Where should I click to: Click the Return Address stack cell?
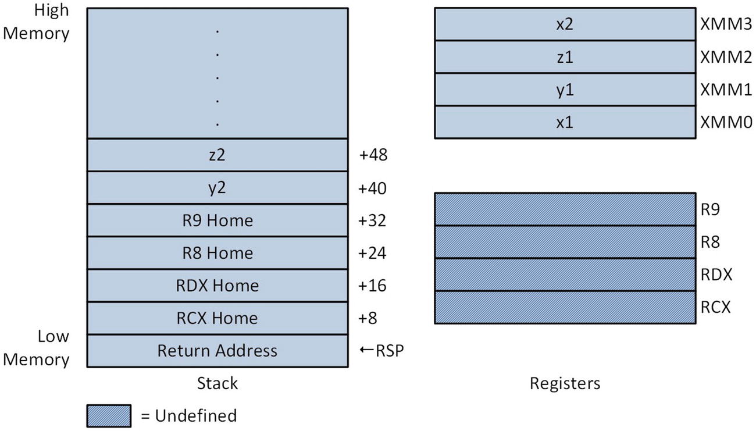click(x=217, y=351)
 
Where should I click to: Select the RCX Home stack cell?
click(x=217, y=318)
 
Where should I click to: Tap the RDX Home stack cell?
click(x=217, y=286)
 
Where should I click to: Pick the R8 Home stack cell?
click(x=217, y=253)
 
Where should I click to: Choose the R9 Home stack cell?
click(x=217, y=220)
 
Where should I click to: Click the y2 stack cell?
click(x=217, y=188)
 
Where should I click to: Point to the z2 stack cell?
click(x=217, y=155)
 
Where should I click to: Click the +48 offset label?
click(x=373, y=155)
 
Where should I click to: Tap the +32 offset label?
click(x=373, y=220)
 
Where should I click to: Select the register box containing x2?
click(x=565, y=24)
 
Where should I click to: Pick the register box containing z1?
click(x=565, y=57)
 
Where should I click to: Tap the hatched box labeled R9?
click(x=565, y=209)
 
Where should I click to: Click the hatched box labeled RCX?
click(x=565, y=307)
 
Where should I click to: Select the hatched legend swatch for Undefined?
click(x=109, y=416)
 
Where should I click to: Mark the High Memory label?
click(x=37, y=22)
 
